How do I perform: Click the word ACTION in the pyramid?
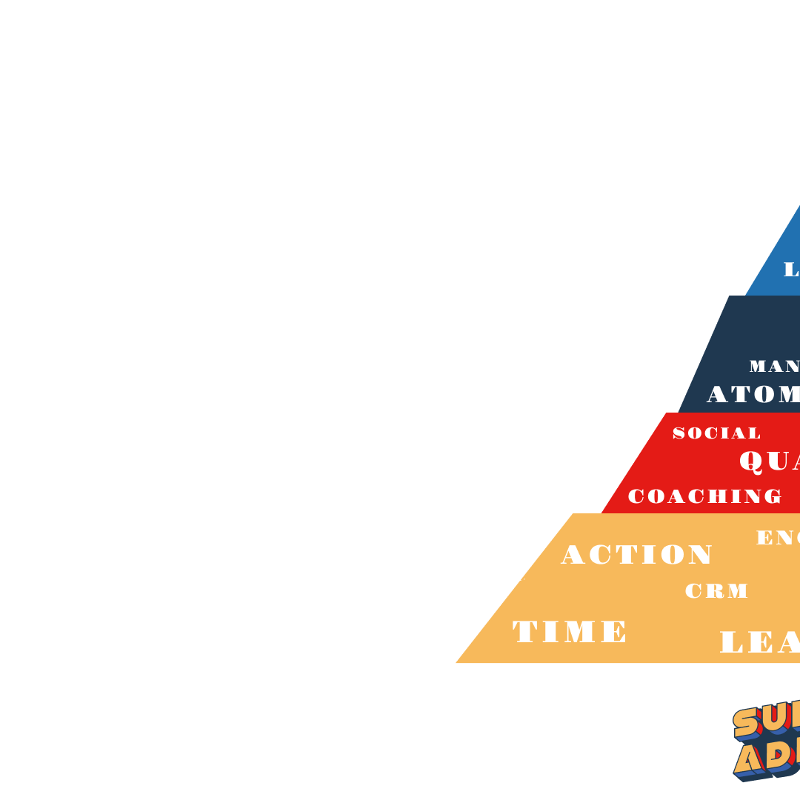point(637,555)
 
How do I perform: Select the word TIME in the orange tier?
point(570,632)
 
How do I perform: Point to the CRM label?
point(716,591)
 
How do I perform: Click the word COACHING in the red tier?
point(704,496)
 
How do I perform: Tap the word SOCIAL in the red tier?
point(716,433)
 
